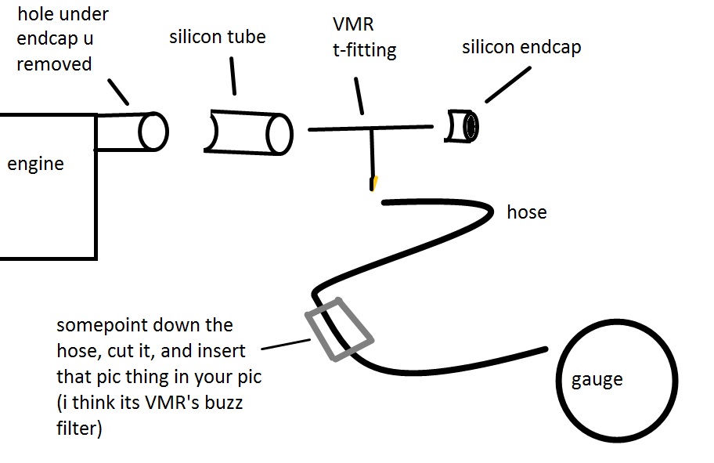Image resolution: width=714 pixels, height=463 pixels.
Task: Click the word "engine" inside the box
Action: point(35,165)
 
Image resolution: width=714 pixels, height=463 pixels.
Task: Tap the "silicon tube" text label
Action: point(217,37)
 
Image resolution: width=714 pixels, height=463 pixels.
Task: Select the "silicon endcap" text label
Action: point(521,48)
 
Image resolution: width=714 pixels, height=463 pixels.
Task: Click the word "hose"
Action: point(527,212)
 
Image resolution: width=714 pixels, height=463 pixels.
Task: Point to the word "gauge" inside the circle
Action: point(597,380)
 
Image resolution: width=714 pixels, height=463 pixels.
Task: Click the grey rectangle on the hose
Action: point(338,329)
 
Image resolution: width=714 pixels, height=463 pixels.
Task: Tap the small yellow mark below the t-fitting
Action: point(376,183)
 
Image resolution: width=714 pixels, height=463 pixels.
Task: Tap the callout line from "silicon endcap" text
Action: point(508,83)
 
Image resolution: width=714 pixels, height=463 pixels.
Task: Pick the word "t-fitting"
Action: point(364,51)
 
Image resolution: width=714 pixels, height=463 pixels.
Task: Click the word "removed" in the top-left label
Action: point(54,64)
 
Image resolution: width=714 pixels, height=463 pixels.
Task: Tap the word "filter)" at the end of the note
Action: point(79,429)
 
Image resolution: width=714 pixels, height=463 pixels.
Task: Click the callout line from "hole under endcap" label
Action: point(118,91)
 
